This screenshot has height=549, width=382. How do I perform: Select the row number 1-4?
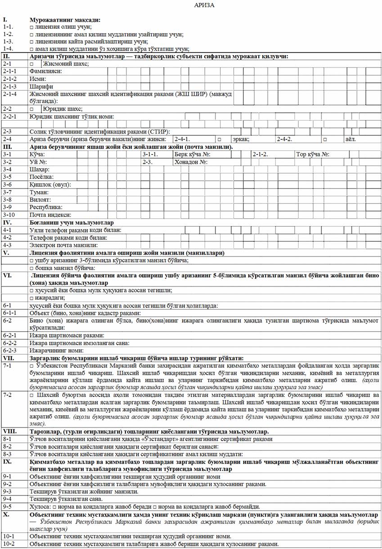(x=8, y=49)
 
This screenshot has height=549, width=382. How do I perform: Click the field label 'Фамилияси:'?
(x=45, y=71)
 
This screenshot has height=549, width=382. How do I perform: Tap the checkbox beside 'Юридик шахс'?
(x=32, y=109)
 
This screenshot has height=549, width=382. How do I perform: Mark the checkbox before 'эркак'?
(x=219, y=139)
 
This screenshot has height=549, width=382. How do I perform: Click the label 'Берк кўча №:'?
(x=193, y=154)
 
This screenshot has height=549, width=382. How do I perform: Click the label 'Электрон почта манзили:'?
(x=63, y=245)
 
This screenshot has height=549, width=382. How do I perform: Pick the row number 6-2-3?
(x=10, y=350)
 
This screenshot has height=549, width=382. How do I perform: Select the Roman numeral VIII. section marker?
(x=10, y=431)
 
